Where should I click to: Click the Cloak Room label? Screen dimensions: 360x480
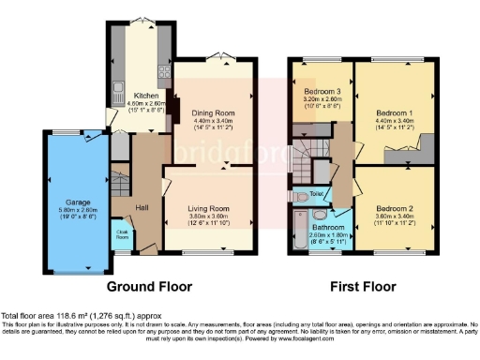pyautogui.click(x=122, y=234)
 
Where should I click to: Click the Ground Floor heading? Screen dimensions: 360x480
pyautogui.click(x=149, y=286)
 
